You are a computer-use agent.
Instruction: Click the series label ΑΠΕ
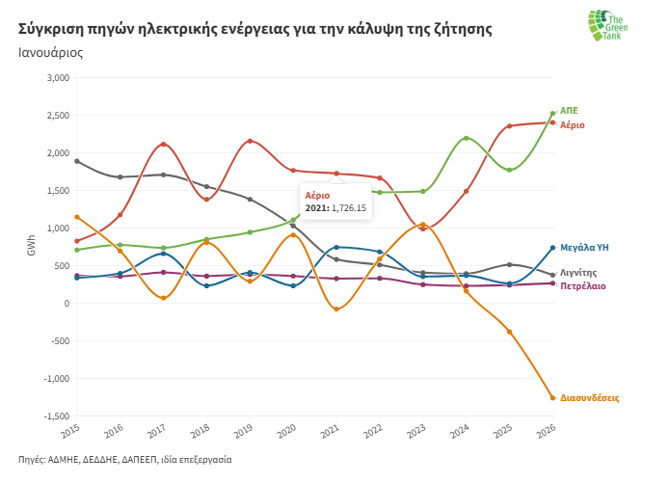pos(569,111)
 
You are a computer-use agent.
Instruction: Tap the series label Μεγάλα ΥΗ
pos(584,248)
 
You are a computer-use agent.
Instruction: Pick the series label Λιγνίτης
pos(579,273)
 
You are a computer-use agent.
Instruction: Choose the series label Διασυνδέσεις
pos(589,397)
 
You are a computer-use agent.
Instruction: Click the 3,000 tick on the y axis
pos(57,78)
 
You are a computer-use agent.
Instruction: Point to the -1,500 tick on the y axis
pos(55,416)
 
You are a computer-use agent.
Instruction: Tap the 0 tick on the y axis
pos(65,303)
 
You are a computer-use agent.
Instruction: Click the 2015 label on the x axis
pos(74,429)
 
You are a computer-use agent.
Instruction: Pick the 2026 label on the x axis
pos(548,429)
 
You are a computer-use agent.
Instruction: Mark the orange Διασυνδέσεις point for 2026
pos(553,397)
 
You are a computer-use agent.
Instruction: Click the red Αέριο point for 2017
pos(163,145)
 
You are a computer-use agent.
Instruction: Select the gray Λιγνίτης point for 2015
pos(77,161)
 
